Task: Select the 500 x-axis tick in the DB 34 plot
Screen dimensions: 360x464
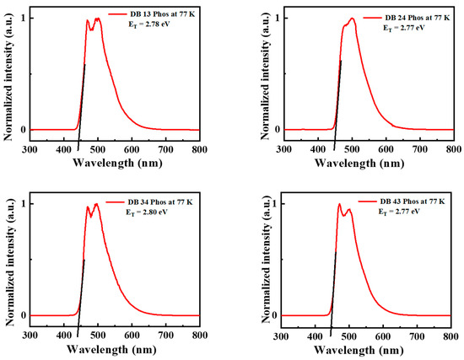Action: tap(98, 335)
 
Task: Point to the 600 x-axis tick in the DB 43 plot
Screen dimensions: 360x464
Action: tap(386, 335)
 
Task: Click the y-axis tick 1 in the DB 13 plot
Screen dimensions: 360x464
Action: tap(20, 18)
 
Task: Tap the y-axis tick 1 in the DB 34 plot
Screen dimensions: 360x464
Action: tap(20, 204)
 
